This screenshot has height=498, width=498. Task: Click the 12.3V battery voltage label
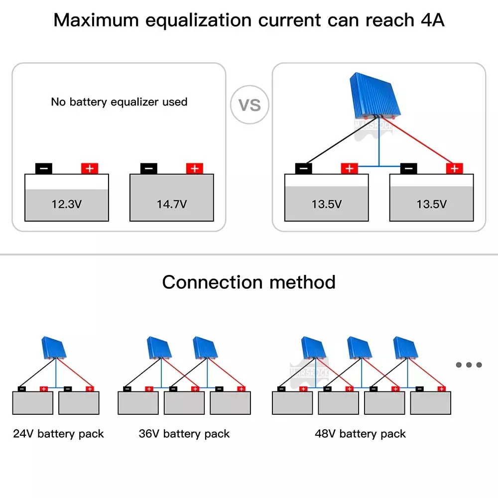[x=67, y=204]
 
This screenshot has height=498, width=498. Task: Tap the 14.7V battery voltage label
[x=172, y=204]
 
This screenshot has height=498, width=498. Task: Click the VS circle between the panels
[x=249, y=105]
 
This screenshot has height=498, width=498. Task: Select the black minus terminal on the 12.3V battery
[x=44, y=168]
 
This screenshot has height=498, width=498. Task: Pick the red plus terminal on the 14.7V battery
[x=195, y=168]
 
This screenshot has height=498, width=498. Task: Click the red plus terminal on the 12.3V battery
[x=90, y=168]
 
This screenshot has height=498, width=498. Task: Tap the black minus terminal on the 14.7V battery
[x=148, y=168]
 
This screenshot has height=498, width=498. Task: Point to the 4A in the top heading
[x=433, y=20]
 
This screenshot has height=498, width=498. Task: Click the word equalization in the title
[x=199, y=21]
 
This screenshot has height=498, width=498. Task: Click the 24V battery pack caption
[x=58, y=434]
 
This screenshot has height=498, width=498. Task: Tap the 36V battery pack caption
[x=184, y=434]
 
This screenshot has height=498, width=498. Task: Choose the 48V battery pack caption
[x=360, y=434]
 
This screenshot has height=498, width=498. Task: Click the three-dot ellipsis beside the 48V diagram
[x=469, y=365]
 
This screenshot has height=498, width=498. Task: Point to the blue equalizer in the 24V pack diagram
[x=54, y=348]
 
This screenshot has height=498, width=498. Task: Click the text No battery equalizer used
[x=119, y=102]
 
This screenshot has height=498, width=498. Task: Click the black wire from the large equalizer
[x=340, y=141]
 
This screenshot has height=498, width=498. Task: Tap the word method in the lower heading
[x=302, y=282]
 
